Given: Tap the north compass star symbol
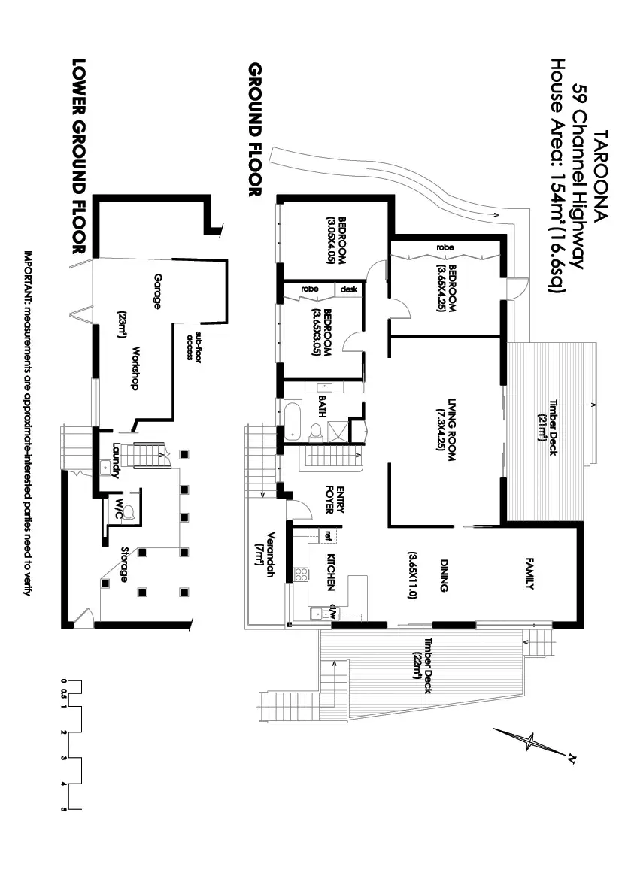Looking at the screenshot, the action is [x=530, y=742].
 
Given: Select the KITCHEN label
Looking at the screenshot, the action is [x=330, y=572].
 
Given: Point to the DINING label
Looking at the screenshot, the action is [x=444, y=575].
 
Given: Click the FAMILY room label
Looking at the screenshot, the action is [x=529, y=573].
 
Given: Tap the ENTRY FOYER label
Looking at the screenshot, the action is [x=335, y=499].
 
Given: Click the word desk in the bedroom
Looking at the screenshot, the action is [x=349, y=289].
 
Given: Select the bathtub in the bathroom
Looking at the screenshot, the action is [x=293, y=420].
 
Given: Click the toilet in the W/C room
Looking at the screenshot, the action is [x=129, y=513].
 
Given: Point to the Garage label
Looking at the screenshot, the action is [x=158, y=291].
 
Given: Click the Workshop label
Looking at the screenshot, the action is [x=135, y=368].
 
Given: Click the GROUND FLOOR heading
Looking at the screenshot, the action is [x=255, y=129].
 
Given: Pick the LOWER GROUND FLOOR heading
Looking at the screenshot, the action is [x=79, y=156].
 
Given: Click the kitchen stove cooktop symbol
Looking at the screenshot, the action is [x=301, y=574].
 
